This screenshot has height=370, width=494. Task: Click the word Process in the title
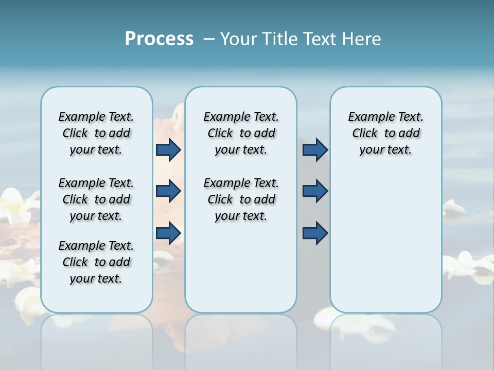coord(159,39)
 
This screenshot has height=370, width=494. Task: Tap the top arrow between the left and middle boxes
coord(168,150)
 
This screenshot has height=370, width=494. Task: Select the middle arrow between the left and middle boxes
coord(168,192)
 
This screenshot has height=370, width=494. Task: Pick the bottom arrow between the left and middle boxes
coord(168,233)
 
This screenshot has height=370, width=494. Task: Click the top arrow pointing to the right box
coord(315,150)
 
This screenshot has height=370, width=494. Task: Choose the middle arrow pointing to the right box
coord(315,192)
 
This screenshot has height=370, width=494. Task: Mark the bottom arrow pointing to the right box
coord(315,233)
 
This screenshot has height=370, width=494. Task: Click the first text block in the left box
coord(96,133)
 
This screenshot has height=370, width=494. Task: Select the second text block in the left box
coord(96,199)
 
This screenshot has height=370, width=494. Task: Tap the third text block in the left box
coord(96,262)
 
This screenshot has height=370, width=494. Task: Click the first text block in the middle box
coord(241,133)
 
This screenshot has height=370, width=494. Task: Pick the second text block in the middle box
coord(241,199)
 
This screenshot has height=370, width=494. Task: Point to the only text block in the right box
coord(385,133)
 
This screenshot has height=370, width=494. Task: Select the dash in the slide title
coord(209,39)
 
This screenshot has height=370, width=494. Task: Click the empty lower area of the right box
coord(385,247)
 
